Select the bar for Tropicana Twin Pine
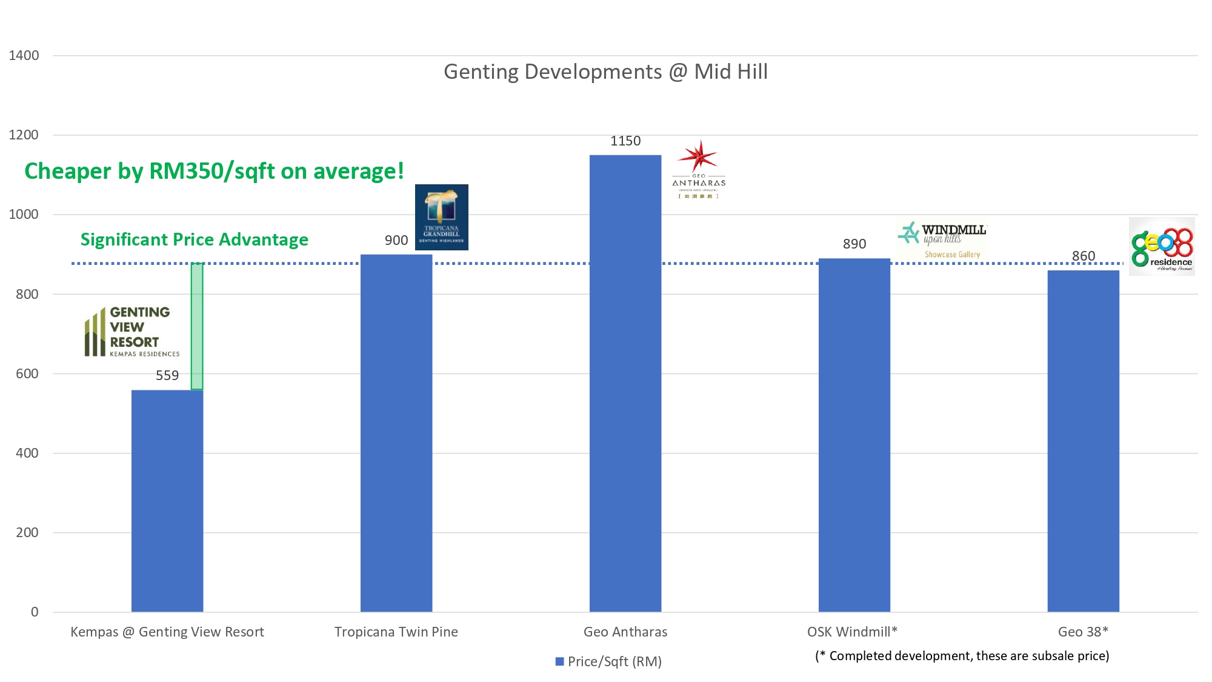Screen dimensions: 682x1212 pyautogui.click(x=396, y=433)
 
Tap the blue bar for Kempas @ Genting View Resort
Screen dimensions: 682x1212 pyautogui.click(x=167, y=501)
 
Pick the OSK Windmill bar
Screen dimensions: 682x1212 pyautogui.click(x=854, y=435)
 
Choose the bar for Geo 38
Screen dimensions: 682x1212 pyautogui.click(x=1084, y=441)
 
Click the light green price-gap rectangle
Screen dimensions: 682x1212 pyautogui.click(x=197, y=326)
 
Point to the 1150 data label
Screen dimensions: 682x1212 pyautogui.click(x=625, y=141)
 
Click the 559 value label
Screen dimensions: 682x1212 pyautogui.click(x=167, y=376)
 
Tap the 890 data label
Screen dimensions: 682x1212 pyautogui.click(x=854, y=244)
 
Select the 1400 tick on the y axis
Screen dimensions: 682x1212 pyautogui.click(x=24, y=56)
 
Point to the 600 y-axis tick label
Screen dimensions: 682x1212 pyautogui.click(x=27, y=374)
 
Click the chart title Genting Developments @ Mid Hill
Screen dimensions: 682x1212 pyautogui.click(x=606, y=72)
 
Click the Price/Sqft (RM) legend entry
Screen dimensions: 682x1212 pyautogui.click(x=608, y=661)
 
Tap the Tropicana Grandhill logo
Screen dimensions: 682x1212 pyautogui.click(x=442, y=217)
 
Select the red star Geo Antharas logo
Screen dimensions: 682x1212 pyautogui.click(x=699, y=169)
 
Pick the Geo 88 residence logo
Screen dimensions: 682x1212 pyautogui.click(x=1162, y=247)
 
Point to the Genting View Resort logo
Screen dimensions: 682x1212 pyautogui.click(x=132, y=331)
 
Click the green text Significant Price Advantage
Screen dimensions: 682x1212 pyautogui.click(x=195, y=240)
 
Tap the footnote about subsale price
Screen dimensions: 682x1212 pyautogui.click(x=962, y=656)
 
